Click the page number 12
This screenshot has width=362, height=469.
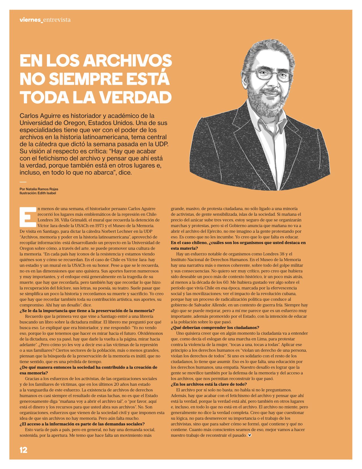pos(23,450)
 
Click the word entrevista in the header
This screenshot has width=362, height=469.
pos(57,20)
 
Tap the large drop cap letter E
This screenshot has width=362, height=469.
pos(28,217)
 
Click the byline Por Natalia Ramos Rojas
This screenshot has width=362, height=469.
pos(39,189)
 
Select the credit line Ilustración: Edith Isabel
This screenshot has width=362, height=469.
pos(38,193)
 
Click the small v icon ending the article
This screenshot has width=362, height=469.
pos(249,435)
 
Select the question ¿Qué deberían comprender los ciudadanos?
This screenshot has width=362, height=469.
pos(215,328)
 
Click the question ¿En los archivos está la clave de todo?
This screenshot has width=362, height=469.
pos(209,384)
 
